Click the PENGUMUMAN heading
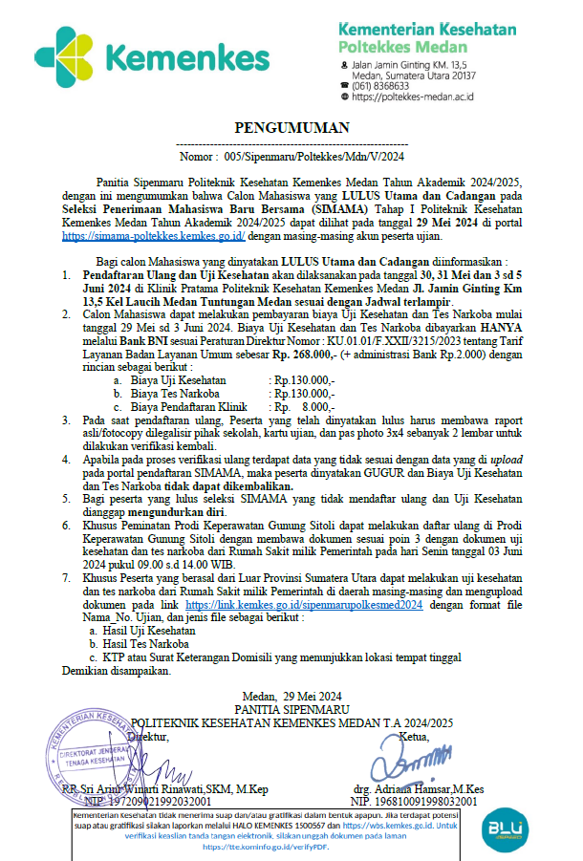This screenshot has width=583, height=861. [292, 127]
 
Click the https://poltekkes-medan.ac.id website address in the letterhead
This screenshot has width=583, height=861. [413, 97]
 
